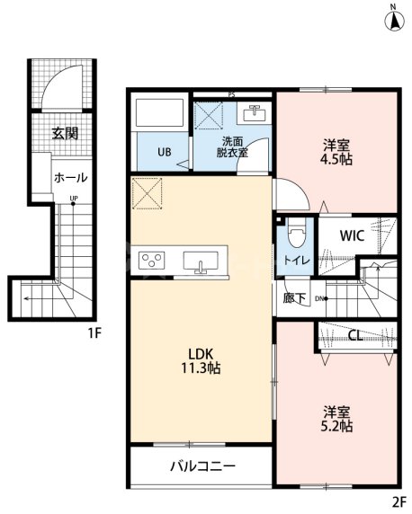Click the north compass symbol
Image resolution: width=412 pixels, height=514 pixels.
(395, 21)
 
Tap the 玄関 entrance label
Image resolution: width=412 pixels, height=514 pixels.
(65, 133)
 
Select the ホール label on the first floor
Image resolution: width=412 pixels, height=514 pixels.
(71, 178)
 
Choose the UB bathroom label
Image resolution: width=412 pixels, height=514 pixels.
(164, 152)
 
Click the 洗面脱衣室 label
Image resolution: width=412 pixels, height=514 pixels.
(232, 146)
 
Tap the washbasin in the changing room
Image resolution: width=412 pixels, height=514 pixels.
(255, 113)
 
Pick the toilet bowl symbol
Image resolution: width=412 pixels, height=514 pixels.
(297, 232)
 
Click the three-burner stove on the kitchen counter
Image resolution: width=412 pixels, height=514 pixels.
(152, 261)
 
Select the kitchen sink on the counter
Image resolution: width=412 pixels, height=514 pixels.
(201, 261)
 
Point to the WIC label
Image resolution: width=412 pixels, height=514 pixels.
(352, 235)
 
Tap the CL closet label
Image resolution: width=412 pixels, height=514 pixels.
(355, 335)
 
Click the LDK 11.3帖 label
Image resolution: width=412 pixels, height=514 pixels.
(201, 361)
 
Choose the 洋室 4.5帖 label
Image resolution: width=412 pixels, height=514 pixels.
(336, 152)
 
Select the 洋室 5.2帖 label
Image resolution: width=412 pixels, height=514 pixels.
(336, 419)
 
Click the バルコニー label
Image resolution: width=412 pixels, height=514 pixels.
(202, 465)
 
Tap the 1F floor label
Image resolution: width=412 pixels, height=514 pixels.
(94, 333)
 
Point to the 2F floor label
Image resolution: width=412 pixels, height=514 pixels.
(399, 501)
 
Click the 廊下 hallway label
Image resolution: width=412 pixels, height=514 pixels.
(294, 297)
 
